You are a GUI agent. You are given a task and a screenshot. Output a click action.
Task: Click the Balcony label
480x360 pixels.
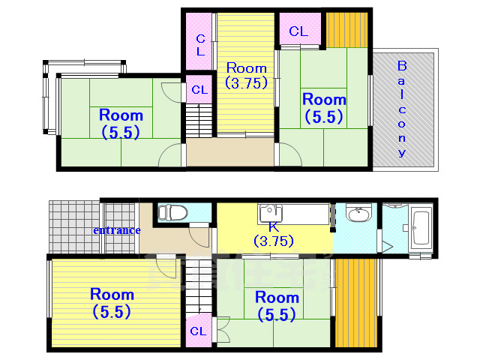pyautogui.click(x=402, y=109)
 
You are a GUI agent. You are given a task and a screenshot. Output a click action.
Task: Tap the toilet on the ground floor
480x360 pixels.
pyautogui.click(x=172, y=212)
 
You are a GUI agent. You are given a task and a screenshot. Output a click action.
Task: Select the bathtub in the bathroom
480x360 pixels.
pyautogui.click(x=421, y=226)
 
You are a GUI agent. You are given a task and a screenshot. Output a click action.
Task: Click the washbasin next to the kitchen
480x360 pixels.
pyautogui.click(x=358, y=212)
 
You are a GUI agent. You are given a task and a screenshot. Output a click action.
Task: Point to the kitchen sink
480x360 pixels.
pyautogui.click(x=270, y=212)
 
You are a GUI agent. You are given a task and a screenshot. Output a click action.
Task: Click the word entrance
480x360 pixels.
pyautogui.click(x=117, y=230)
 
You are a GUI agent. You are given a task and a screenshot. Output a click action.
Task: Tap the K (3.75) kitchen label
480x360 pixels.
pyautogui.click(x=274, y=235)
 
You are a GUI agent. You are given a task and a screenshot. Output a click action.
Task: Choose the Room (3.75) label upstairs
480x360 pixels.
pyautogui.click(x=247, y=75)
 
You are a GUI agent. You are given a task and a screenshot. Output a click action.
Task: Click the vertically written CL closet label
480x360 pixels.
pyautogui.click(x=200, y=45)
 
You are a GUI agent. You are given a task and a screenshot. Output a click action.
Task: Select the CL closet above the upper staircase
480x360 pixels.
pyautogui.click(x=199, y=88)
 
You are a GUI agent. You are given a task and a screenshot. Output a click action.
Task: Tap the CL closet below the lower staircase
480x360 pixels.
pyautogui.click(x=198, y=330)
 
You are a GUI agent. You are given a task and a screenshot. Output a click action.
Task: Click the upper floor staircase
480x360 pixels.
pyautogui.click(x=199, y=121)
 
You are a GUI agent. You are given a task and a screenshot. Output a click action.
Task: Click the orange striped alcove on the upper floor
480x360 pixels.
pyautogui.click(x=346, y=30)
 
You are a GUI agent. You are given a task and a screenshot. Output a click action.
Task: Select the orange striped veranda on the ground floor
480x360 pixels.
pyautogui.click(x=356, y=303)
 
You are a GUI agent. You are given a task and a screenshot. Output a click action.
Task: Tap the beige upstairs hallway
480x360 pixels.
pyautogui.click(x=230, y=152)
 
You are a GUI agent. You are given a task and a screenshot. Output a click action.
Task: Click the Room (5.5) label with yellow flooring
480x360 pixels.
pyautogui.click(x=112, y=303)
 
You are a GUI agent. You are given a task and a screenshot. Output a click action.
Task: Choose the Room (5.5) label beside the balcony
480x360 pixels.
pyautogui.click(x=324, y=108)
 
